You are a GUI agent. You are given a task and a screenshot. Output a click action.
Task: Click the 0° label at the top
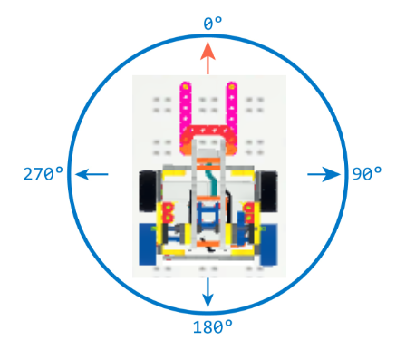[209, 25]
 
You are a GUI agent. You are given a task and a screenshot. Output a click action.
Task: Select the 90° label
[366, 174]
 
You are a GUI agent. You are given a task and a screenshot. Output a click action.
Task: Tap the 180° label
[212, 326]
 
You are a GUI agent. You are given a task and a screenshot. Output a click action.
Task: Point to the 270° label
[43, 174]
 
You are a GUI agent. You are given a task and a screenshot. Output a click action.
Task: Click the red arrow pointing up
[208, 60]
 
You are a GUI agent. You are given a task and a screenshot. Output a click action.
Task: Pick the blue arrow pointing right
[323, 174]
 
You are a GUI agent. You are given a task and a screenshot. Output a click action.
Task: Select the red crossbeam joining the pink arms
[208, 130]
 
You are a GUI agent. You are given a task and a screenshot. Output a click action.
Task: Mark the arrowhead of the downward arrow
[208, 301]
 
